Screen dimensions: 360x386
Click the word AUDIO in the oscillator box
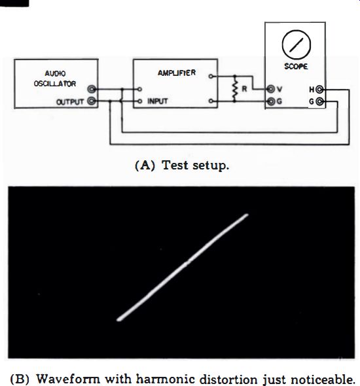tap(55, 73)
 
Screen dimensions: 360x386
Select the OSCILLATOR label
tap(55, 84)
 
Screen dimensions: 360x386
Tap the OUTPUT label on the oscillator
tap(70, 101)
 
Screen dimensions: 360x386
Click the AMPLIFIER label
tap(177, 73)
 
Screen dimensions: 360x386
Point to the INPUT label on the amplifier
tap(158, 101)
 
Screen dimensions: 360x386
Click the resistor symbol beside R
tap(235, 89)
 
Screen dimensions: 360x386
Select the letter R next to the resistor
tap(244, 89)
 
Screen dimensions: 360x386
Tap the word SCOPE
tap(296, 67)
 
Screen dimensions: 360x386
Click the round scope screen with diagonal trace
tap(297, 44)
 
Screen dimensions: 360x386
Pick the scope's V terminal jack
tap(271, 89)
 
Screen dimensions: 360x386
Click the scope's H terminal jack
tap(319, 90)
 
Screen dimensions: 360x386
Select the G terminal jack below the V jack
tap(271, 101)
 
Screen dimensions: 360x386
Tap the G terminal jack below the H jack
tap(319, 101)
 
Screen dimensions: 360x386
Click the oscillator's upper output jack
tap(92, 89)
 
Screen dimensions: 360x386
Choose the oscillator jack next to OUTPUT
tap(92, 101)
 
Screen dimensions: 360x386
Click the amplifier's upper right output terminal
tap(211, 77)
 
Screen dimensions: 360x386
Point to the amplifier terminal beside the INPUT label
tap(140, 101)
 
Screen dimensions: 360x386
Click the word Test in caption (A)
tap(175, 165)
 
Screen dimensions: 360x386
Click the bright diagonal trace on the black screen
tap(183, 268)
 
